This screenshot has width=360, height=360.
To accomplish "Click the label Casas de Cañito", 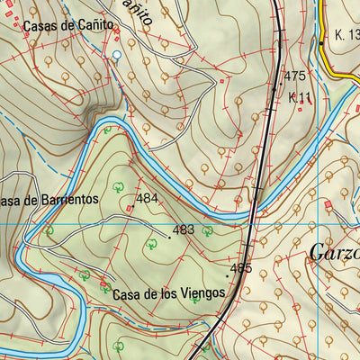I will coord(67,26).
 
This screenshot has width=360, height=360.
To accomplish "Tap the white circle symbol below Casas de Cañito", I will coord(116,56).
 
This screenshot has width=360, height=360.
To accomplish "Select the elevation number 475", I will coord(294,76).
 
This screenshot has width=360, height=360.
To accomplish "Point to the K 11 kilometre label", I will coord(299,96).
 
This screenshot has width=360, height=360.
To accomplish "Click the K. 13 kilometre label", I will coord(346,35).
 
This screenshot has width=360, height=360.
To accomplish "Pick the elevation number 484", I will coord(148,197).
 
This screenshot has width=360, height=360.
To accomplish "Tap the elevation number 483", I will coord(183,229).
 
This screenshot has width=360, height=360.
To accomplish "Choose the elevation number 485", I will coord(240,268).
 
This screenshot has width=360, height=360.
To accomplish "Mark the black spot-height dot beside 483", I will coord(168,238).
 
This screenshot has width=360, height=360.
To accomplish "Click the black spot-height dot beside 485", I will coord(228,275).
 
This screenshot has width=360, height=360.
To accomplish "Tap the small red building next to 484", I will coord(129,209).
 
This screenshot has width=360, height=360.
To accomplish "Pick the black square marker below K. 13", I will coord(321,42).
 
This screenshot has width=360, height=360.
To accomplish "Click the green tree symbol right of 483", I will coord(207,231).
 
